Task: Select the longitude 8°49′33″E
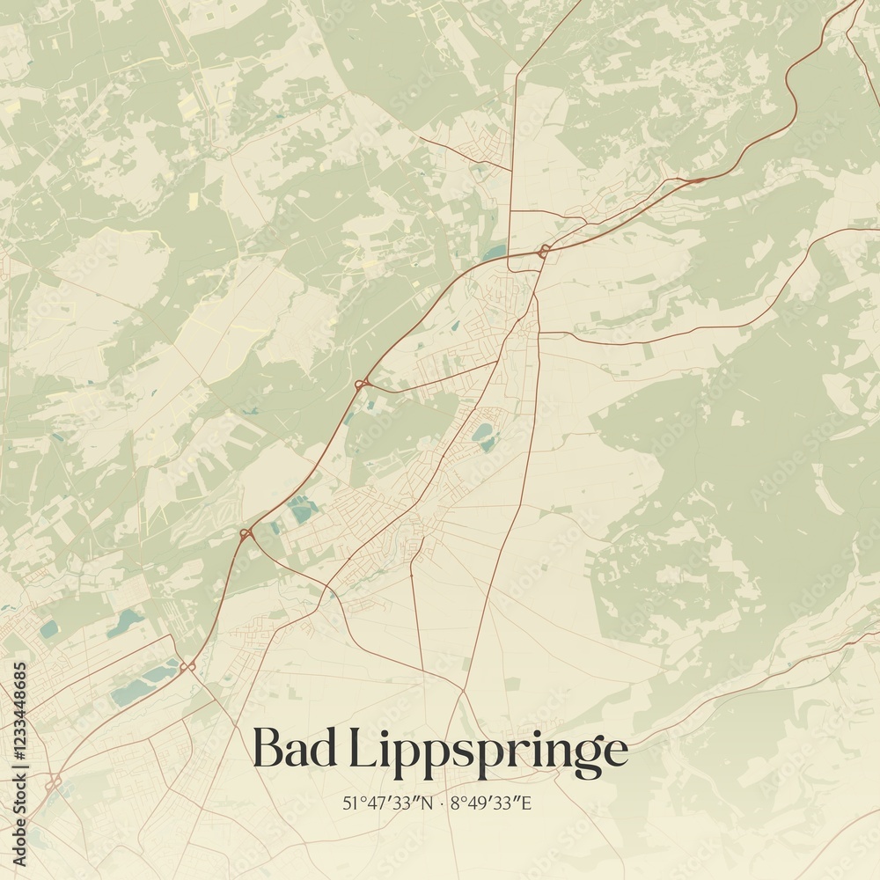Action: [x=492, y=803]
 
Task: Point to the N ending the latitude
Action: [x=428, y=803]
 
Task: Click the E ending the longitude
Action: [x=530, y=803]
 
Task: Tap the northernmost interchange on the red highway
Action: [x=544, y=252]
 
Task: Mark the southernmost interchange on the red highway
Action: [x=53, y=781]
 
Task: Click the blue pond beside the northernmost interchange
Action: [x=495, y=253]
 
